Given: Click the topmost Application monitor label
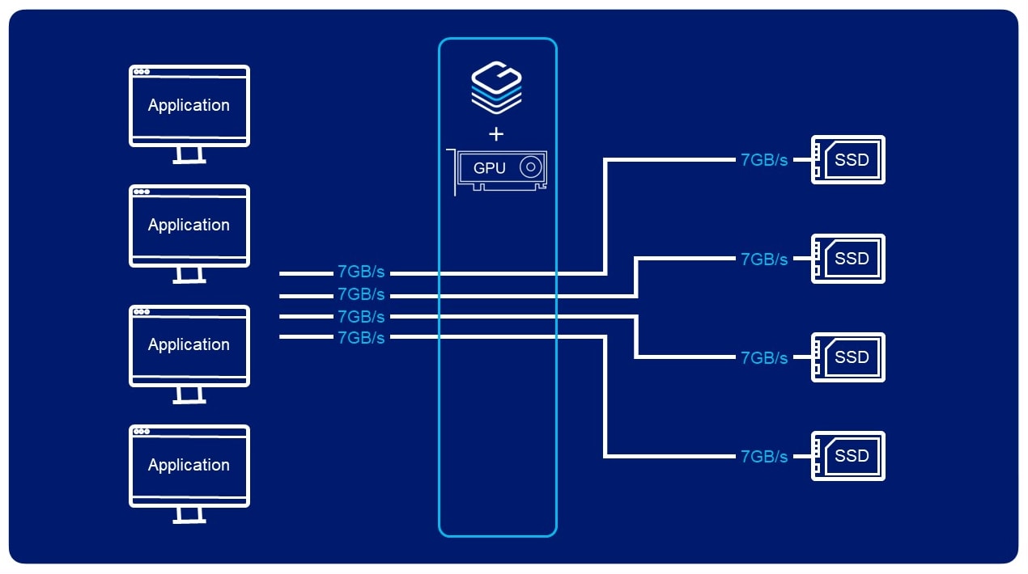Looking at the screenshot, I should pyautogui.click(x=189, y=105).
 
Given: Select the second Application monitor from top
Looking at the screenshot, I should pyautogui.click(x=189, y=226).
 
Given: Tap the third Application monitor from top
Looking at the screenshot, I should pyautogui.click(x=189, y=345).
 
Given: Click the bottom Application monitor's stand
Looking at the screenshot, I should pyautogui.click(x=189, y=514).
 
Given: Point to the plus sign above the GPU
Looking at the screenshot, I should pyautogui.click(x=497, y=134).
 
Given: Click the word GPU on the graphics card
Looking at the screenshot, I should pyautogui.click(x=489, y=168).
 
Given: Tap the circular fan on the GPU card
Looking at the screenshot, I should pyautogui.click(x=530, y=167).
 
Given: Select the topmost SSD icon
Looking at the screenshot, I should pyautogui.click(x=847, y=160).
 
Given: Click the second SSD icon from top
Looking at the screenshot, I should pyautogui.click(x=847, y=259).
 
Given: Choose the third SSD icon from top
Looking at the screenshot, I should pyautogui.click(x=847, y=357).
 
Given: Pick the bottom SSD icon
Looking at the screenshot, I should pyautogui.click(x=847, y=456).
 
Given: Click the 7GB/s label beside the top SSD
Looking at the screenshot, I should pyautogui.click(x=763, y=160).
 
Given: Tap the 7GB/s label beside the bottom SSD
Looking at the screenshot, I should pyautogui.click(x=763, y=457).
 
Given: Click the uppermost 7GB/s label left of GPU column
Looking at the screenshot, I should pyautogui.click(x=361, y=272).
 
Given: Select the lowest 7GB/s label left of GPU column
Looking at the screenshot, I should pyautogui.click(x=361, y=338).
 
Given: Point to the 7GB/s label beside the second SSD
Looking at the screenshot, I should pyautogui.click(x=763, y=259).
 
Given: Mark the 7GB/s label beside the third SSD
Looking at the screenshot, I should pyautogui.click(x=763, y=357).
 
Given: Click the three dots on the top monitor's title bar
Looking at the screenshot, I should pyautogui.click(x=142, y=72).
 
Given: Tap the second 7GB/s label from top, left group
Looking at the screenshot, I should pyautogui.click(x=361, y=294).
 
